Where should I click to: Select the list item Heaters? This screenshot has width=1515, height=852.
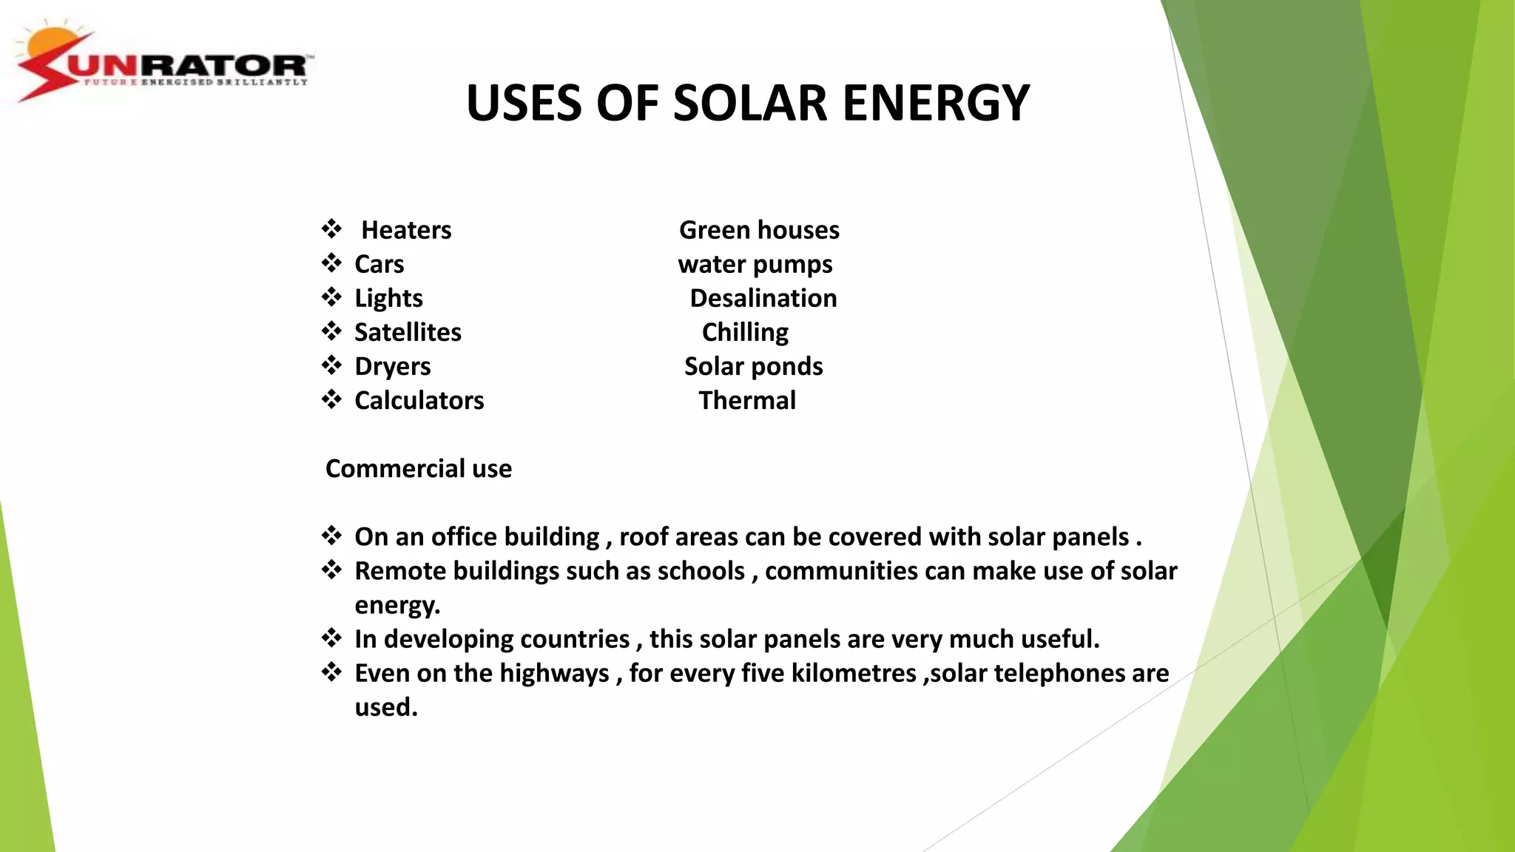click(406, 230)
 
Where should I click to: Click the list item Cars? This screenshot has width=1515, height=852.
click(379, 264)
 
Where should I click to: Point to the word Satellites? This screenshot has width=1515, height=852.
click(408, 332)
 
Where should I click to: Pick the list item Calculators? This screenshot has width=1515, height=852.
click(419, 400)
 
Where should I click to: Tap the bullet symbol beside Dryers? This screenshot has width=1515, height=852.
click(331, 365)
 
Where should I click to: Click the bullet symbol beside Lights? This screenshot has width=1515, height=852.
click(331, 297)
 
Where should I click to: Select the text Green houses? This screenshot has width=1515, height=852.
click(759, 230)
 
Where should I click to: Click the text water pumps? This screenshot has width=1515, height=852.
click(755, 264)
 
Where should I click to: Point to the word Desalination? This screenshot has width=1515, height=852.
click(763, 298)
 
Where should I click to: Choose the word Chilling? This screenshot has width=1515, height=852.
click(745, 332)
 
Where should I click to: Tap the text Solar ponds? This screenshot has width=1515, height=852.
click(753, 366)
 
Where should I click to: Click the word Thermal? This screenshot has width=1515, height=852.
click(747, 400)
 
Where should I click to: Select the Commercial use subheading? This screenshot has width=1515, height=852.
click(419, 468)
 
